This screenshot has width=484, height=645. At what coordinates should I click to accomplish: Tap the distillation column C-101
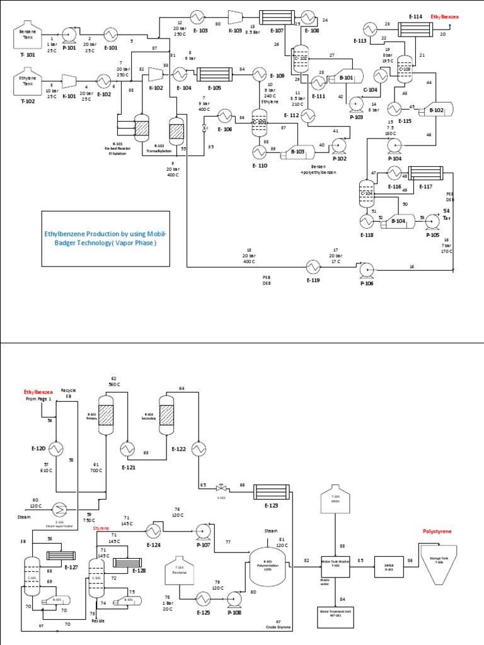click(x=259, y=122)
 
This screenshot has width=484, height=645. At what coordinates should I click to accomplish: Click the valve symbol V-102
click(x=221, y=488)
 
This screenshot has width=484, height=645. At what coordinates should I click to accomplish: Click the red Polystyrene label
click(x=437, y=532)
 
